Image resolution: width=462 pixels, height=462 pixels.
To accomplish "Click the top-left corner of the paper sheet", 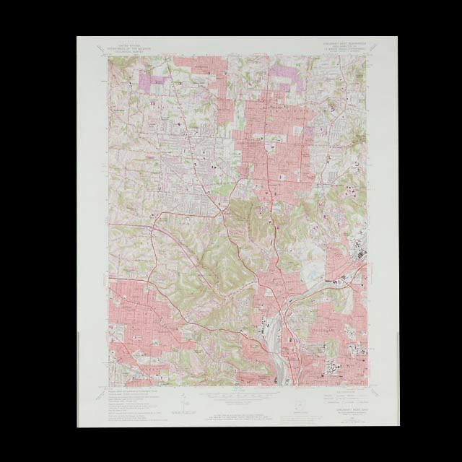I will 77,37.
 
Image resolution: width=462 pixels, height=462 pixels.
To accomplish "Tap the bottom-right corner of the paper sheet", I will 386,426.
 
